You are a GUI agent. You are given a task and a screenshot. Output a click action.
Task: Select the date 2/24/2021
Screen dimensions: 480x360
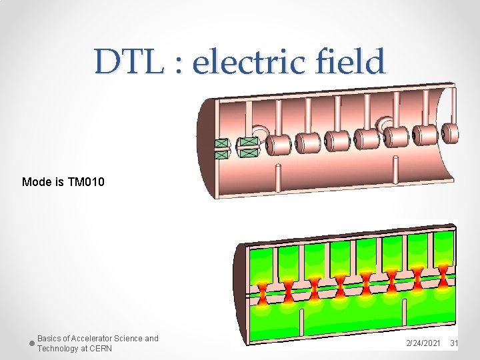pyautogui.click(x=423, y=343)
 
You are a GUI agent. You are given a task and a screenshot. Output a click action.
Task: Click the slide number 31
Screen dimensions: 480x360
pyautogui.click(x=454, y=343)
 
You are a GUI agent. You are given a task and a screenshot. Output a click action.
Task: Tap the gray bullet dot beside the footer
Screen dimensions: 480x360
pyautogui.click(x=31, y=343)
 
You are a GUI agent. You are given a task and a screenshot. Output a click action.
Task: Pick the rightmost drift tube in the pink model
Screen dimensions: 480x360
pyautogui.click(x=450, y=133)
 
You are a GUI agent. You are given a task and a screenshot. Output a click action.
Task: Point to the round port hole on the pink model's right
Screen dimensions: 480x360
pyautogui.click(x=385, y=125)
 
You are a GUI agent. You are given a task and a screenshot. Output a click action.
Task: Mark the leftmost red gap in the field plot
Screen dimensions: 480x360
pyautogui.click(x=263, y=292)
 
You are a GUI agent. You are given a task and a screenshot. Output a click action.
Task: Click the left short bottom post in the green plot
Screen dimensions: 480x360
pyautogui.click(x=303, y=319)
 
